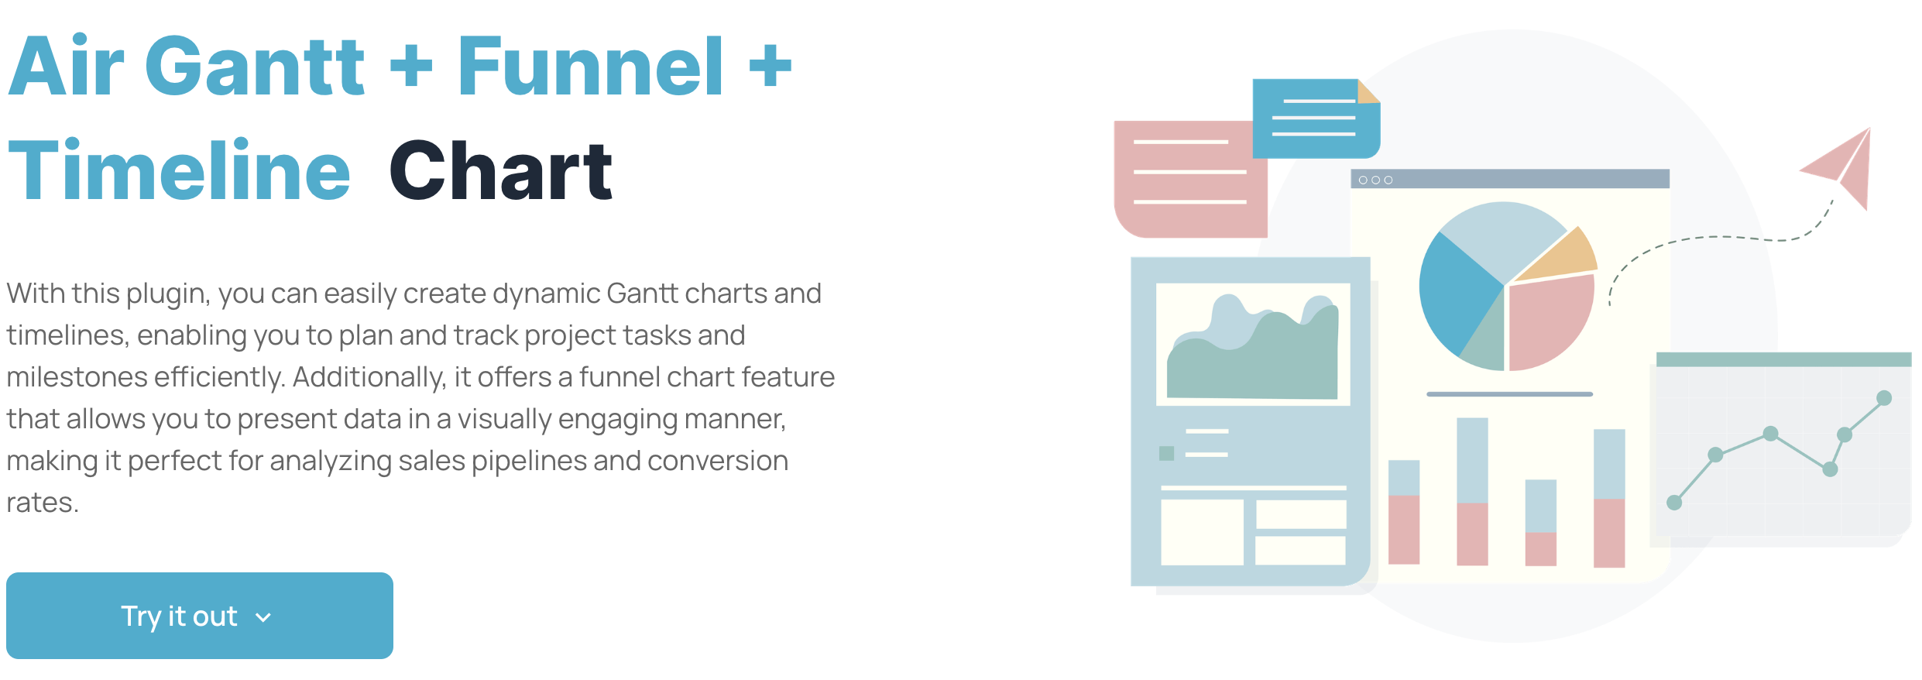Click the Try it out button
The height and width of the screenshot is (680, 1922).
[x=199, y=616]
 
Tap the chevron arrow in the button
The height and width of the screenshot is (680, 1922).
[x=263, y=617]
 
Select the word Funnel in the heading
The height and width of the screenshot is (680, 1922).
[x=590, y=67]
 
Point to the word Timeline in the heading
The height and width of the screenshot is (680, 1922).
[x=179, y=171]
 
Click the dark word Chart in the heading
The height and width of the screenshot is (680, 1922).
[x=500, y=171]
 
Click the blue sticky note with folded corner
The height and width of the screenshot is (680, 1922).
[x=1315, y=118]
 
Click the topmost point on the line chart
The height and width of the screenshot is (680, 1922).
[x=1884, y=398]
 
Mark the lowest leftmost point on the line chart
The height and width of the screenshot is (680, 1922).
[x=1674, y=503]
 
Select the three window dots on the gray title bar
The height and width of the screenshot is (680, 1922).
[x=1375, y=180]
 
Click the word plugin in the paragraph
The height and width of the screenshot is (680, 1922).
[x=166, y=294]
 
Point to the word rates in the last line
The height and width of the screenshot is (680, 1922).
[x=42, y=503]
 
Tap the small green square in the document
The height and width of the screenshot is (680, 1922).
[x=1166, y=453]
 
